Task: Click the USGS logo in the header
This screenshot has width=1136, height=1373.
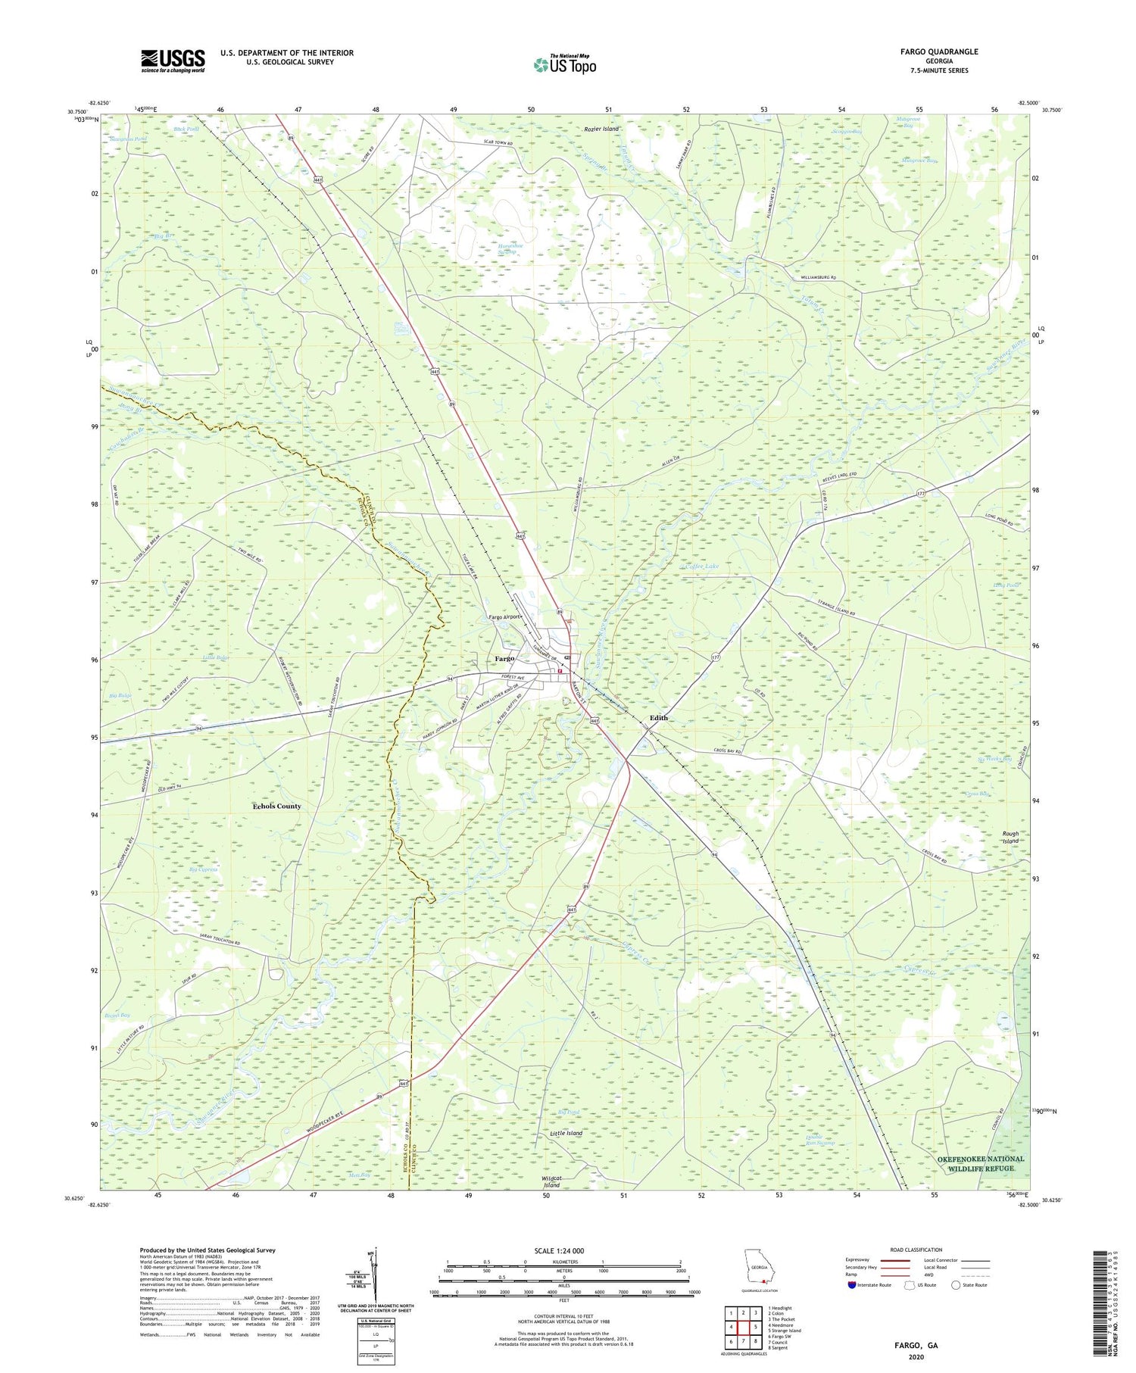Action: pos(173,61)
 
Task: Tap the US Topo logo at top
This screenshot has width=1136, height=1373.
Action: pos(565,65)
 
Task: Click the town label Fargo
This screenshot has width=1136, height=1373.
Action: pos(506,658)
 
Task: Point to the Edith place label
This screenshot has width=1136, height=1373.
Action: pos(657,717)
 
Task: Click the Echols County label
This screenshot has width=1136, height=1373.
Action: pos(276,806)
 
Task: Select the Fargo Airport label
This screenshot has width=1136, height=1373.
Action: pos(505,616)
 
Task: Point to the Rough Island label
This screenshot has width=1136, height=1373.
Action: pos(1011,837)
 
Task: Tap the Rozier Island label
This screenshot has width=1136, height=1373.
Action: pos(601,129)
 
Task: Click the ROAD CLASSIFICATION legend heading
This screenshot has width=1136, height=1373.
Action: pos(916,1250)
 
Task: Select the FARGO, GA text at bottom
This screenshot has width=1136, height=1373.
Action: pos(916,1345)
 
